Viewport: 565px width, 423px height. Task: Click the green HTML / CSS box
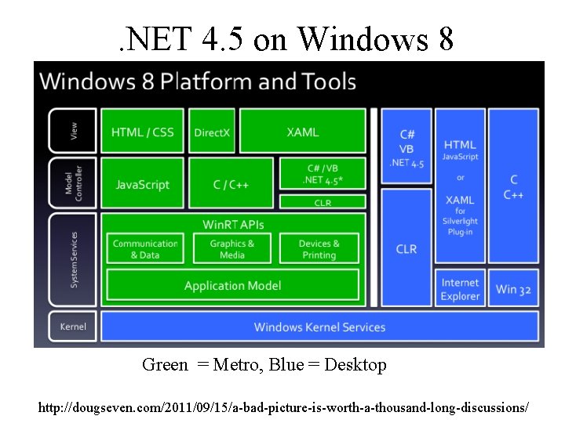click(143, 132)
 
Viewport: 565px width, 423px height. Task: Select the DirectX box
click(212, 132)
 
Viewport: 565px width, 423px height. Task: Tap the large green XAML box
click(302, 132)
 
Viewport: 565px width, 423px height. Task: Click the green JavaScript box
click(143, 185)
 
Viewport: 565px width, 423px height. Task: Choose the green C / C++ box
click(231, 185)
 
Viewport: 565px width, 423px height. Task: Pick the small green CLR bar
click(323, 202)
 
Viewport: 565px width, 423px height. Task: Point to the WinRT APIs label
click(233, 224)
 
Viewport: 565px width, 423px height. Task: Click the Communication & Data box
click(145, 249)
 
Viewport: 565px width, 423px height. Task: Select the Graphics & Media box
click(232, 249)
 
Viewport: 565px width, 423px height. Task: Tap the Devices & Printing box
click(319, 249)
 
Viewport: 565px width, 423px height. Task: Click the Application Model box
click(232, 286)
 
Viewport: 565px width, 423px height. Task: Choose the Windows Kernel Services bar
click(319, 327)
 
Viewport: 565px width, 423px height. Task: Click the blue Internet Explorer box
click(460, 289)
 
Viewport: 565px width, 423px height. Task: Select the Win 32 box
click(513, 289)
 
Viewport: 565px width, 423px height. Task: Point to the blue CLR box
click(406, 248)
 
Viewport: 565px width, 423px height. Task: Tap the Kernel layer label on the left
click(73, 327)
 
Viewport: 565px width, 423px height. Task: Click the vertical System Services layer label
click(74, 259)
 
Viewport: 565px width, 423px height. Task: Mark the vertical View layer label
click(74, 131)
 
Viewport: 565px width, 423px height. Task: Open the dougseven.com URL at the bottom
click(283, 408)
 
